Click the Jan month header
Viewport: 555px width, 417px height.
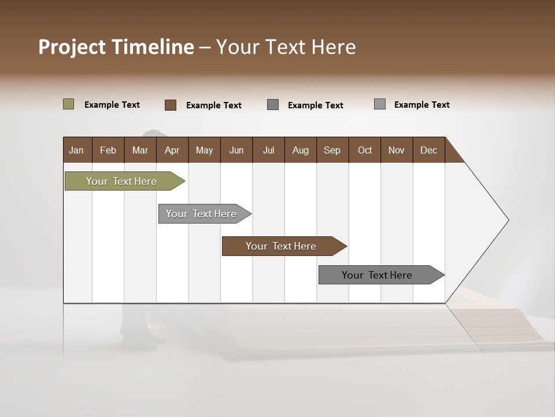tap(76, 150)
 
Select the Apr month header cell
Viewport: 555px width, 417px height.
tap(172, 150)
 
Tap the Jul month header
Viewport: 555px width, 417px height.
tap(268, 150)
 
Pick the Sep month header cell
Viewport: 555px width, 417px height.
tap(332, 150)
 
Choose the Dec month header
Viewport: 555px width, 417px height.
tap(428, 150)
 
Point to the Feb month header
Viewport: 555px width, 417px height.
tap(108, 150)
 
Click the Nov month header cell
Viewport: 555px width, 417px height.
tap(396, 150)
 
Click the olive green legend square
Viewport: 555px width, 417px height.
tap(69, 104)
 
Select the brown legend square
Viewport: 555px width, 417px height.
tap(171, 105)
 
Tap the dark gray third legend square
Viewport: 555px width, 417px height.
tap(273, 105)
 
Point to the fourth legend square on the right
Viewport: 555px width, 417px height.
tap(380, 104)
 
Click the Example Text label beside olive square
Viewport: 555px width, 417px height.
tap(112, 105)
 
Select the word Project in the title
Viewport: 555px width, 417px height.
tap(72, 47)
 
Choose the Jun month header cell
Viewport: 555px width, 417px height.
tap(236, 150)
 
